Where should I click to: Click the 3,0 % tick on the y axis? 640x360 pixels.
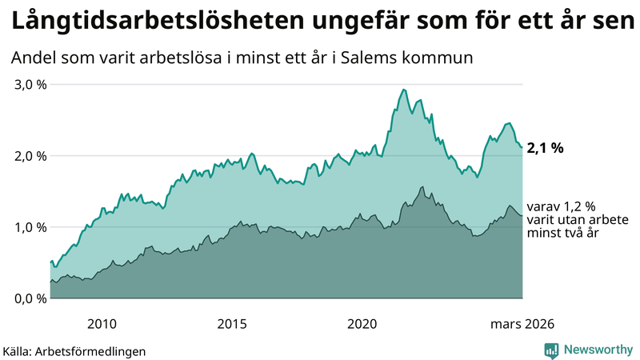(x=29, y=85)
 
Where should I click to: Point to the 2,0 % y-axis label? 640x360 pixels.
(x=29, y=156)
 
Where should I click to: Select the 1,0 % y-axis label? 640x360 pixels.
(x=29, y=227)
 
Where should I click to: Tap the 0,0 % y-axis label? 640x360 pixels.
(x=29, y=298)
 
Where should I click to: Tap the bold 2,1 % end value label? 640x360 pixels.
(x=546, y=147)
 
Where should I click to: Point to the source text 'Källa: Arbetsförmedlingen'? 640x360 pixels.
(x=74, y=350)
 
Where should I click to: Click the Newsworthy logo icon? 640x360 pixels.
(x=551, y=350)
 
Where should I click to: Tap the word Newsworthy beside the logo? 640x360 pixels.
(x=598, y=350)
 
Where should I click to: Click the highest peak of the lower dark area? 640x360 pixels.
(x=422, y=187)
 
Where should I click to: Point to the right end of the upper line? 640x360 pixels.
(x=522, y=147)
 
